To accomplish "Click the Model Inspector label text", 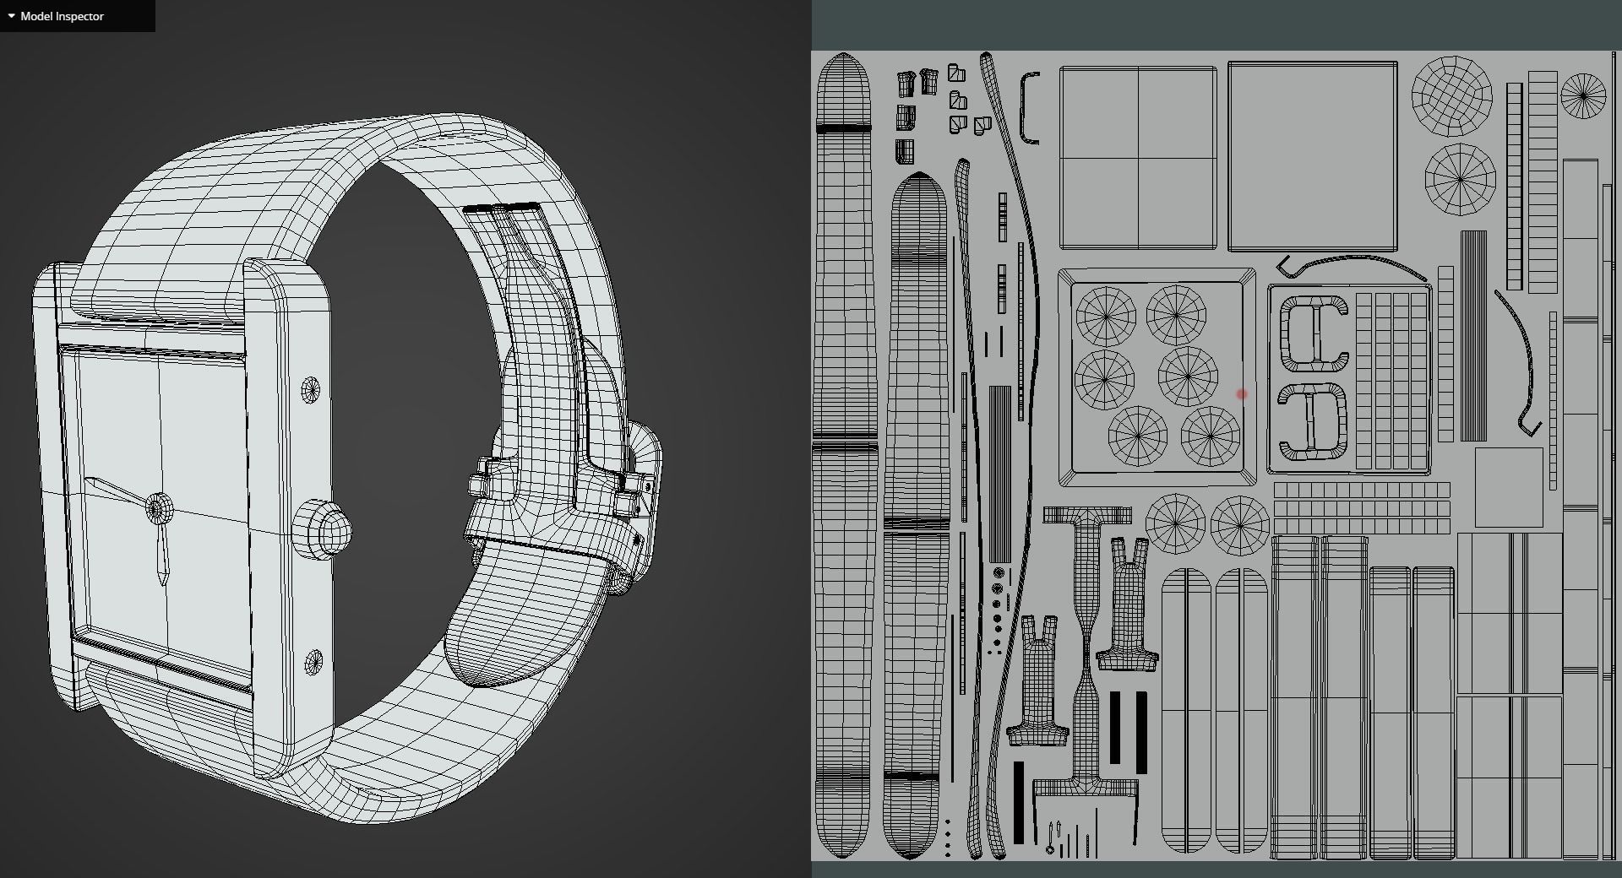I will point(62,16).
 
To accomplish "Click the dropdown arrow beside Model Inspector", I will point(11,16).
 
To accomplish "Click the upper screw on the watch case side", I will point(311,389).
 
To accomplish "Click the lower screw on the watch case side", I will point(313,662).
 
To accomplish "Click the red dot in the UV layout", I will point(1241,394).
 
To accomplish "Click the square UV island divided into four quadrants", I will point(1137,158).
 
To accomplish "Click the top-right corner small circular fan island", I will point(1583,95).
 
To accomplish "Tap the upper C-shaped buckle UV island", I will point(1313,335).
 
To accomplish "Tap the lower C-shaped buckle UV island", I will point(1311,421).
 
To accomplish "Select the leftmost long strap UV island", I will point(842,456).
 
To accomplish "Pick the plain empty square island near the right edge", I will point(1508,487).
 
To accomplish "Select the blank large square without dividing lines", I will point(1311,157).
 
